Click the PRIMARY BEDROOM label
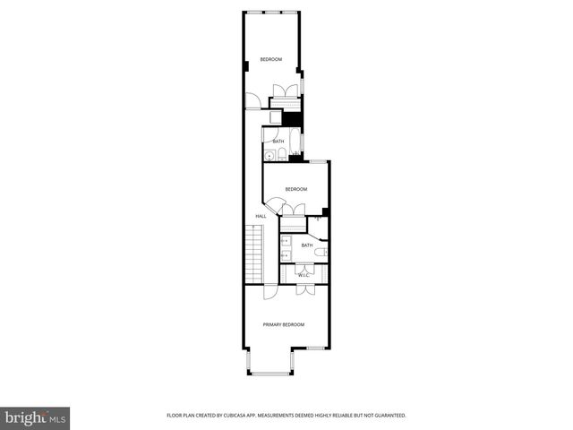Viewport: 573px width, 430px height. pyautogui.click(x=283, y=324)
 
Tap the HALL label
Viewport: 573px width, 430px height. pyautogui.click(x=261, y=216)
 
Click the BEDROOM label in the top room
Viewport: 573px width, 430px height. pyautogui.click(x=271, y=59)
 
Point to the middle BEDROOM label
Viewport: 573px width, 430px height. pyautogui.click(x=296, y=189)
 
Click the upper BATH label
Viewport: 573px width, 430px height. pyautogui.click(x=278, y=141)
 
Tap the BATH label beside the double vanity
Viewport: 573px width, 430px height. pyautogui.click(x=307, y=245)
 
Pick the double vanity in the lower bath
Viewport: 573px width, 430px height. pyautogui.click(x=285, y=246)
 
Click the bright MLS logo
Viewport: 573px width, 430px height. pyautogui.click(x=36, y=417)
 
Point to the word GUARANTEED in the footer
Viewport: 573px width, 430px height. pyautogui.click(x=387, y=416)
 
